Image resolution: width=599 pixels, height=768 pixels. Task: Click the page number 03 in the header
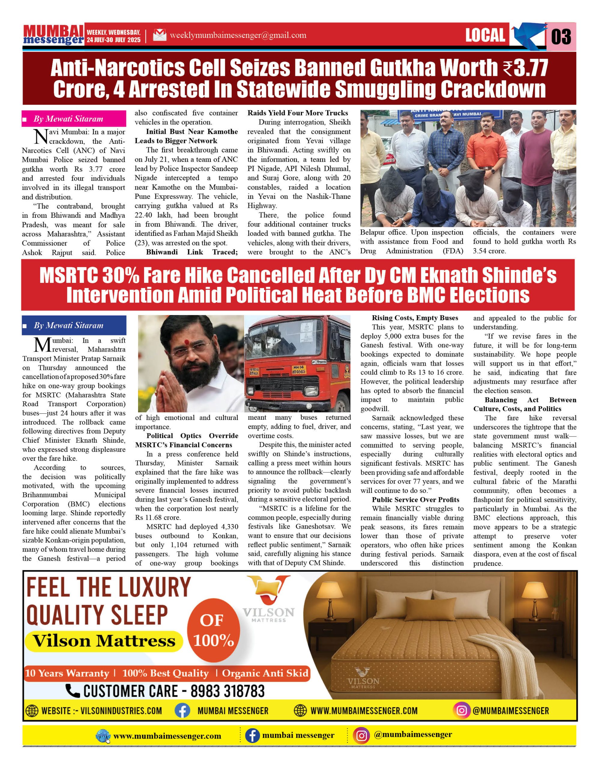pos(561,37)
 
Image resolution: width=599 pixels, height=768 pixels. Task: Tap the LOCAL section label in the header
pos(485,35)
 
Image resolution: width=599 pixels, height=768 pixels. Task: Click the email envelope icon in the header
pos(160,35)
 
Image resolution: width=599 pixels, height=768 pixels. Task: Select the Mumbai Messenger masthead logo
pos(53,35)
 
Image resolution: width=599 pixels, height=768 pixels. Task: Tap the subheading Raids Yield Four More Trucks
pos(298,113)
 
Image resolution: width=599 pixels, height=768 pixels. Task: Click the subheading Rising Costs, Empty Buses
pos(415,318)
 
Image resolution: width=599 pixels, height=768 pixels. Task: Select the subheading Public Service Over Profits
pos(415,500)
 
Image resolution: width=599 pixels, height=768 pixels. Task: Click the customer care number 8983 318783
pos(227,691)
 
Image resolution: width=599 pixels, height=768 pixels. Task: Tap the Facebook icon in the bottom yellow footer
pos(252,735)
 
